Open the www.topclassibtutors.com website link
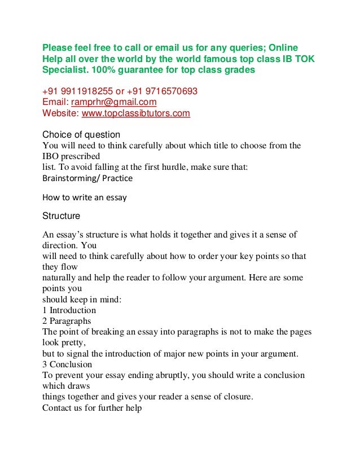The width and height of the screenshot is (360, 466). click(x=136, y=113)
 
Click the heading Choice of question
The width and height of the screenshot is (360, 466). click(x=81, y=134)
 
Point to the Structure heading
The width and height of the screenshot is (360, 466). click(x=62, y=216)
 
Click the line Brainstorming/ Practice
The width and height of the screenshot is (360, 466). click(x=87, y=178)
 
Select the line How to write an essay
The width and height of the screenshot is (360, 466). click(x=85, y=197)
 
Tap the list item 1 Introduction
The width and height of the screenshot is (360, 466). click(x=69, y=310)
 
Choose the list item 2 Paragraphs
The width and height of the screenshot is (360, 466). click(x=67, y=321)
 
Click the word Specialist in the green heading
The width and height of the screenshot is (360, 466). click(x=63, y=70)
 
